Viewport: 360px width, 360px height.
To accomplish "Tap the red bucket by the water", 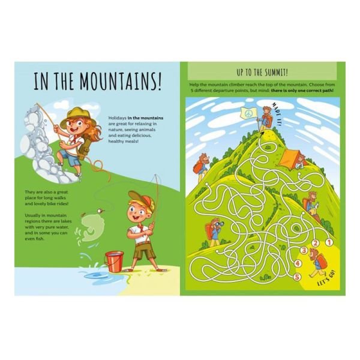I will point(114,261).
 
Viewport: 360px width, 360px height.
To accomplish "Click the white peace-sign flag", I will point(247,113).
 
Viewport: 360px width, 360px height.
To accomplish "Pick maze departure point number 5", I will point(296,278).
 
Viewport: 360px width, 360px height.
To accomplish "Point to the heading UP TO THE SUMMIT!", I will point(262,72).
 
